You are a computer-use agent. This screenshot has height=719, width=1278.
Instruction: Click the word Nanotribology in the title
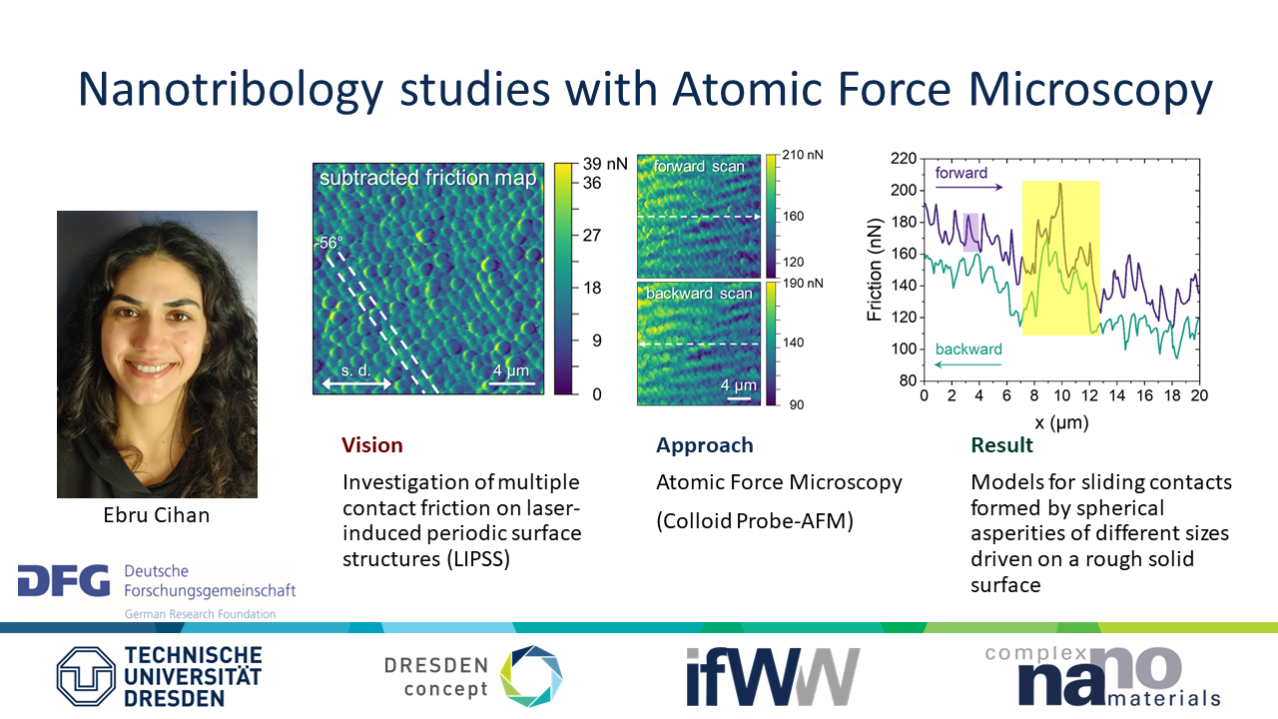pos(231,90)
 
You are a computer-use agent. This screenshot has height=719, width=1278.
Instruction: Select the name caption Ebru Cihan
pos(157,514)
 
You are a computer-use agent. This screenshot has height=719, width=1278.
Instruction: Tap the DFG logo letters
pos(64,581)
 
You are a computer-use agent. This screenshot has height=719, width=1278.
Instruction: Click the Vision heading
pos(372,445)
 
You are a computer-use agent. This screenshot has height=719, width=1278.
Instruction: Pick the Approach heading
pos(705,445)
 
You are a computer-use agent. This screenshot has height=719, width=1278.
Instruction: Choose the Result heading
pos(1001,445)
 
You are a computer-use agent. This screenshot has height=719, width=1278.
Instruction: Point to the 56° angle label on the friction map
pos(329,243)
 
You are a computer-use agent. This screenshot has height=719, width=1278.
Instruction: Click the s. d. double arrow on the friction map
pos(357,384)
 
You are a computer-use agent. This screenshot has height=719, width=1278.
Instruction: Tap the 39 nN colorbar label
pos(605,164)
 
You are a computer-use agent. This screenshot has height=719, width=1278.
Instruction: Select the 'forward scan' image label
pos(699,166)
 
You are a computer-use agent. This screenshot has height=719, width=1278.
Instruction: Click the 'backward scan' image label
pos(699,294)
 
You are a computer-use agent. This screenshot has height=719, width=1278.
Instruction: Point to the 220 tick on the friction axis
pos(904,158)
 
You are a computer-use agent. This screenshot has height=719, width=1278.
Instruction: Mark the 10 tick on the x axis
pos(1061,395)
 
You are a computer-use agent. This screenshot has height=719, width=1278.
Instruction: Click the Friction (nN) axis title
pos(874,270)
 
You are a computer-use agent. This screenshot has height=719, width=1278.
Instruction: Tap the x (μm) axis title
pos(1061,422)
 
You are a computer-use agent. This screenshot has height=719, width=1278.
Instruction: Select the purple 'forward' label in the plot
pos(960,173)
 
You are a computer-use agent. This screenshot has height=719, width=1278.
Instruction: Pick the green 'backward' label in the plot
pos(968,350)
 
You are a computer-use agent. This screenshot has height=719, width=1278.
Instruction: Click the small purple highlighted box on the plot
pos(971,233)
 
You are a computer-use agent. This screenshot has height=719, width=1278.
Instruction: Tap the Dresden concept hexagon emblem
pos(531,676)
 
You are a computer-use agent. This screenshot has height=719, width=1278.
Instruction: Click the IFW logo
pos(773,677)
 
